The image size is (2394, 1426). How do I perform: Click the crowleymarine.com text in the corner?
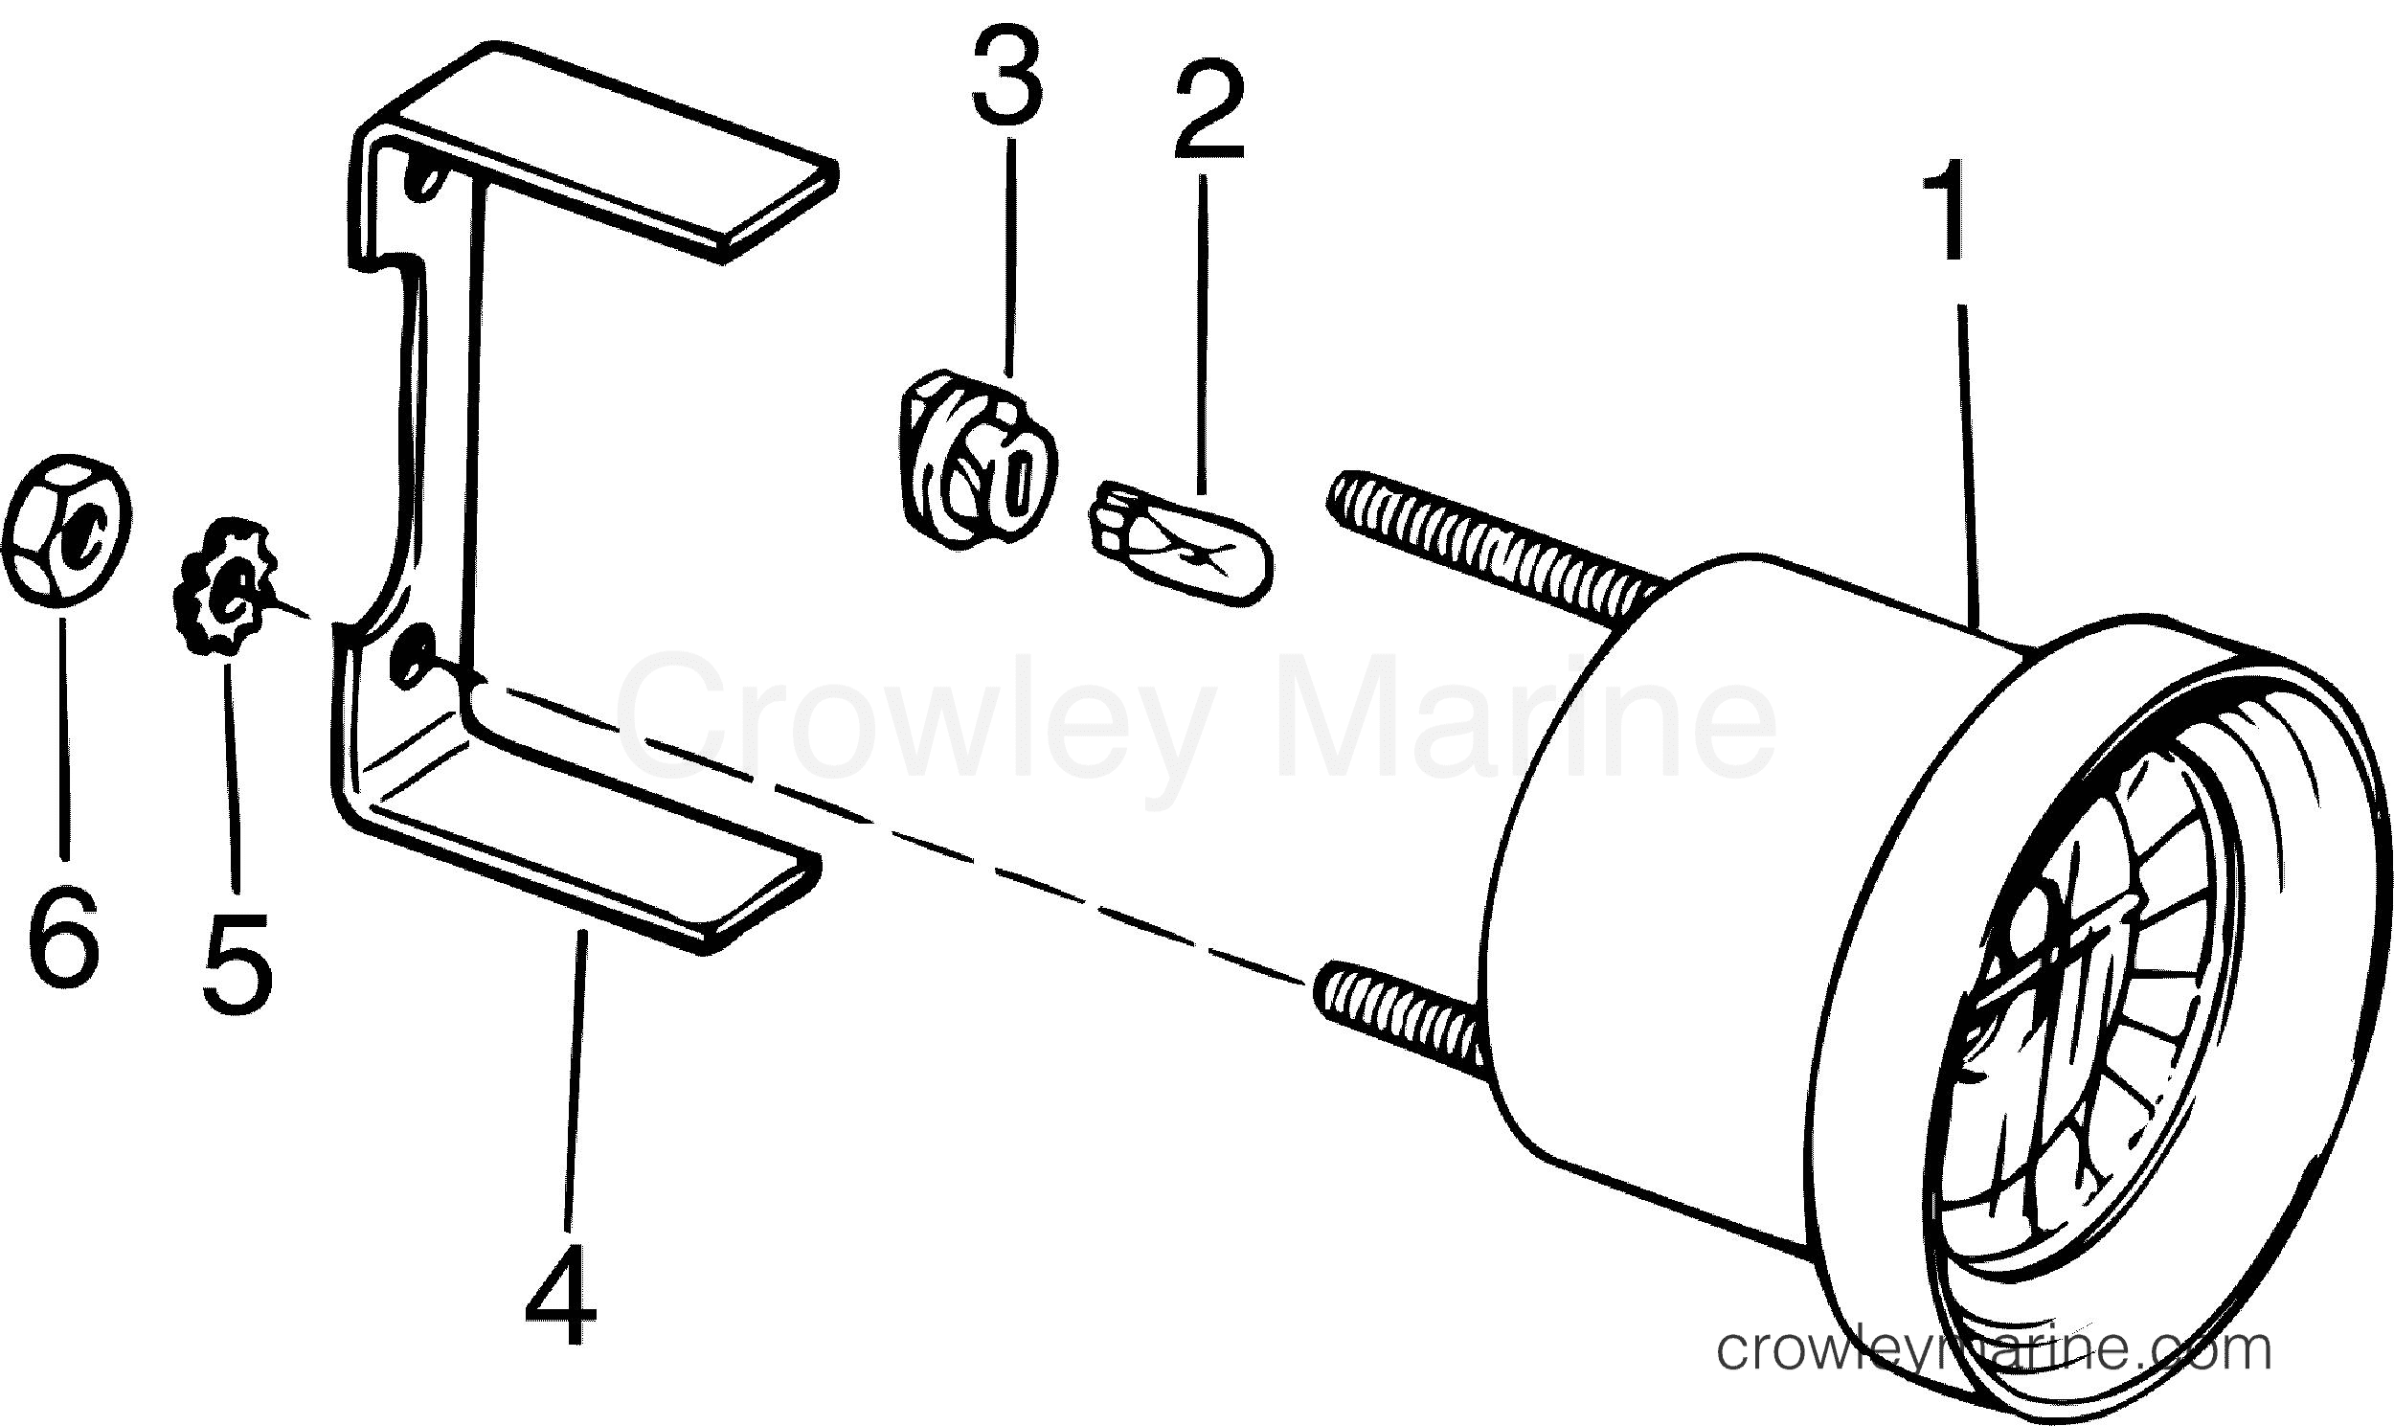(x=1995, y=1350)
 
